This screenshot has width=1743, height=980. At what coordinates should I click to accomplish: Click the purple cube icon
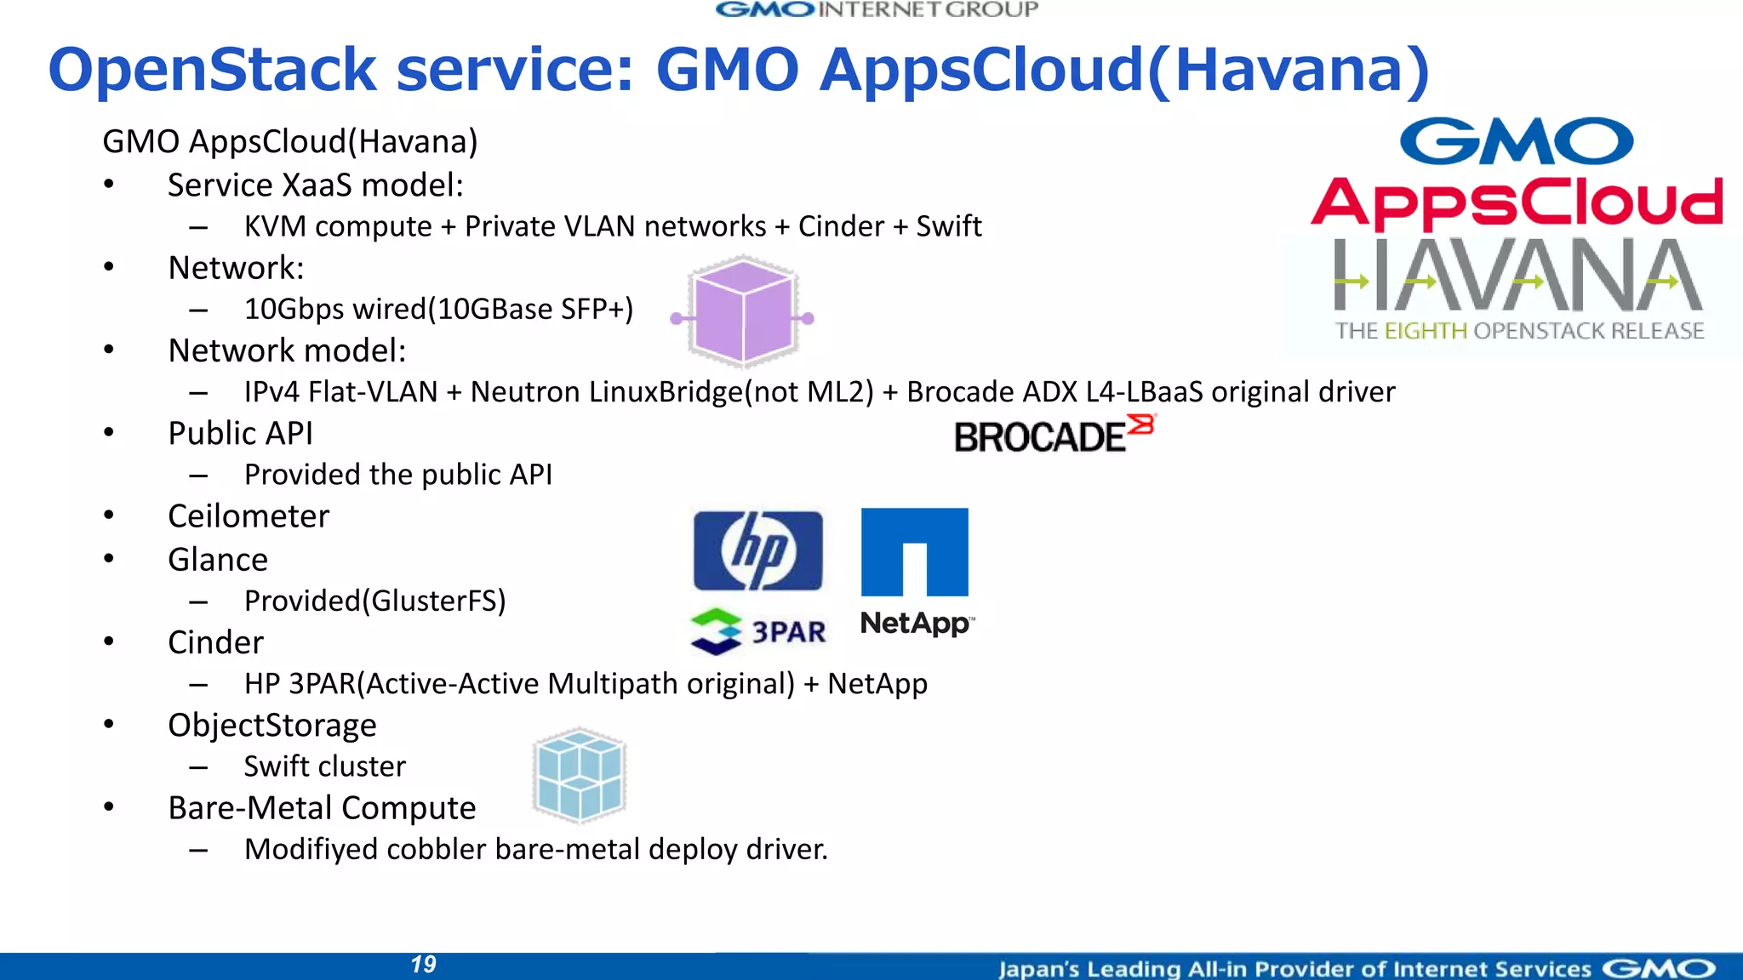tap(744, 311)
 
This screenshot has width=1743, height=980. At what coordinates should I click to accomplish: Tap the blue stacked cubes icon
tap(580, 775)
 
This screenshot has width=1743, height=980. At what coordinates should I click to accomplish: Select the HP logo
tap(757, 551)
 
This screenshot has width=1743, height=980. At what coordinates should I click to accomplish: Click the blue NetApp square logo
tap(914, 551)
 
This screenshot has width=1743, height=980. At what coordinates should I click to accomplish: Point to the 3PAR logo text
tap(788, 632)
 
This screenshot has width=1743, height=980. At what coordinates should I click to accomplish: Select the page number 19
tap(423, 965)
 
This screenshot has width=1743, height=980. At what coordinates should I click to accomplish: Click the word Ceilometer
tap(249, 516)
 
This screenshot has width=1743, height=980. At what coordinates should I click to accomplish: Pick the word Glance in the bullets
tap(218, 560)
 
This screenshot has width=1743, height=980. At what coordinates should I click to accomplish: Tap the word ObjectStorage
tap(272, 725)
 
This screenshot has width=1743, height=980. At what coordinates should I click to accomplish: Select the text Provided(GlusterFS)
tap(374, 601)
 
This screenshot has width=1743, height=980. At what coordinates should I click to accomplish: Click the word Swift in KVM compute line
tap(948, 226)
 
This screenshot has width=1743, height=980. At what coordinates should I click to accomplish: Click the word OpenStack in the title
tap(212, 70)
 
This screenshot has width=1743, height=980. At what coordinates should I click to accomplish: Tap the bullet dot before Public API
tap(109, 433)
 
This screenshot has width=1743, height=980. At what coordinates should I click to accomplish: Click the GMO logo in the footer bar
tap(1659, 968)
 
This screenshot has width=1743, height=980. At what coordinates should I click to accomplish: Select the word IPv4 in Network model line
tap(271, 391)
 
